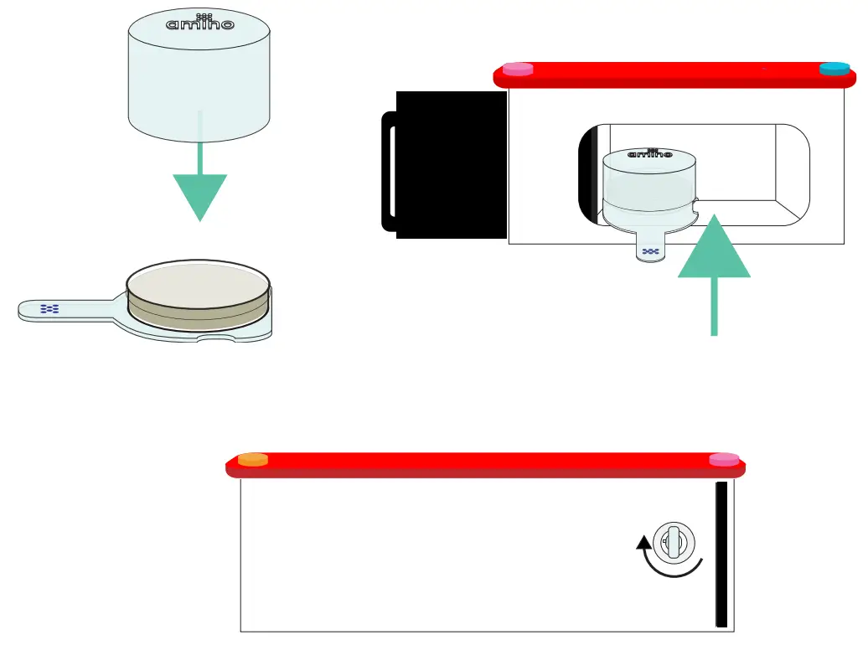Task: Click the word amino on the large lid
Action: coord(199,24)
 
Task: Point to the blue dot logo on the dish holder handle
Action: coord(50,309)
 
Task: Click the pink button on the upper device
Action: coord(518,70)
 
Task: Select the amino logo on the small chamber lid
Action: coord(649,154)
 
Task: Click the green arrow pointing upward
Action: coord(714,260)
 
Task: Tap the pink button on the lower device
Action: coord(725,459)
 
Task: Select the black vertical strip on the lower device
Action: coord(721,554)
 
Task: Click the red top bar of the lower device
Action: coord(486,466)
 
